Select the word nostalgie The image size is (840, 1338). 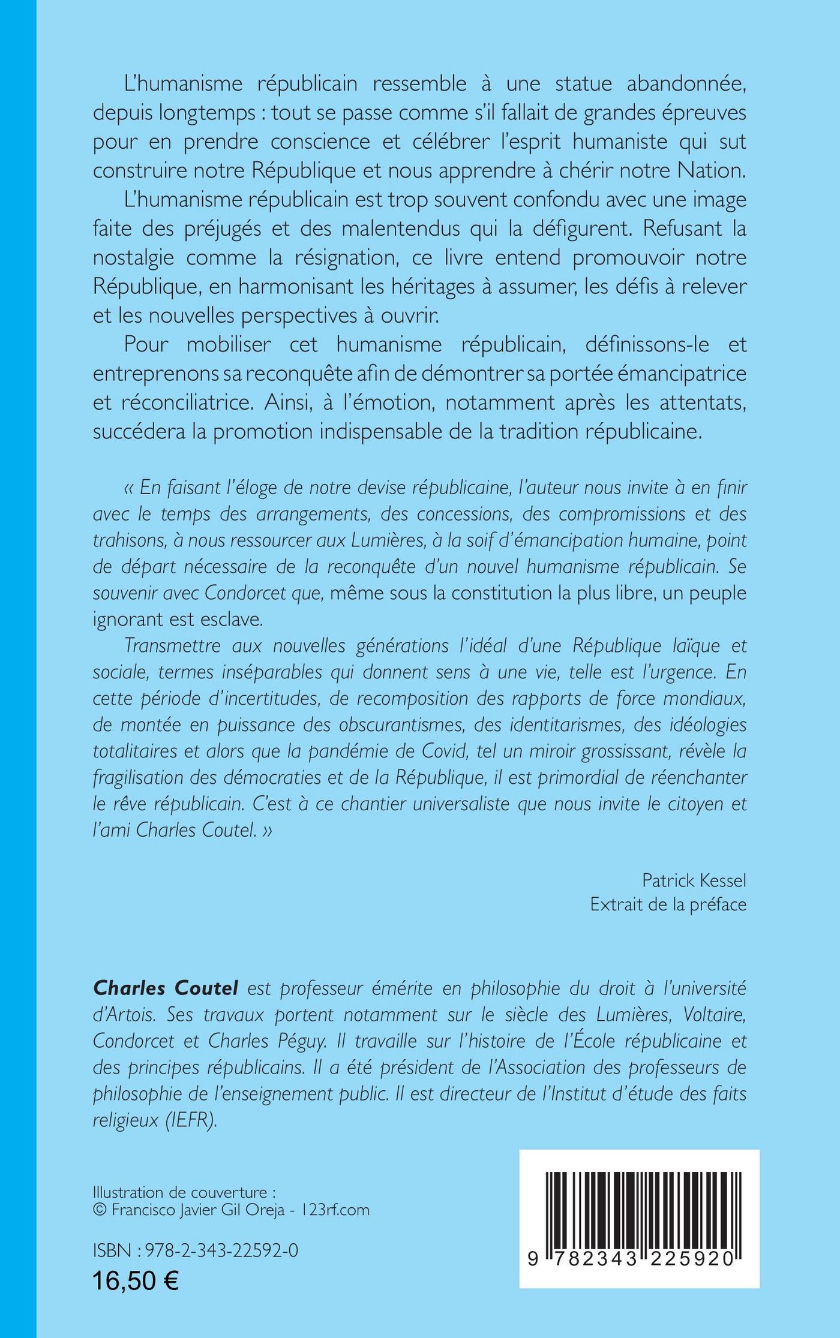[134, 258]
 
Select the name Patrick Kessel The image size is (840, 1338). [694, 880]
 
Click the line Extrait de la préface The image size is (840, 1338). [668, 904]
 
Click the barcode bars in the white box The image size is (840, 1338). [640, 1204]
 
